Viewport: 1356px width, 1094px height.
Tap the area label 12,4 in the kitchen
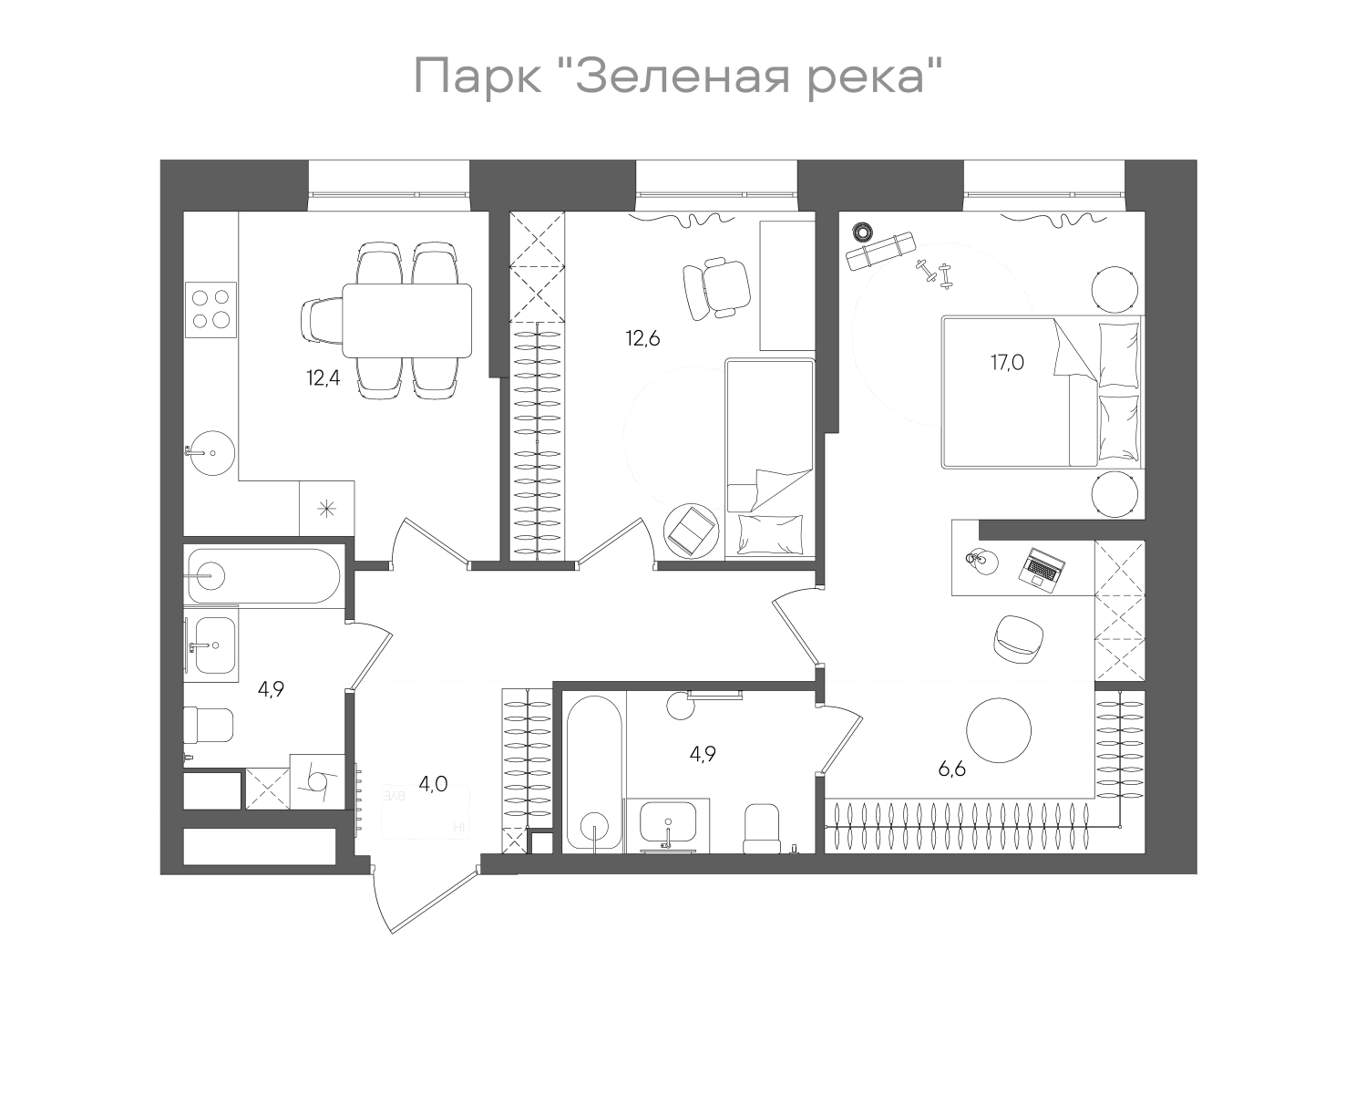323,377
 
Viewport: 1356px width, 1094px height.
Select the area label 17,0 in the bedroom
1008,362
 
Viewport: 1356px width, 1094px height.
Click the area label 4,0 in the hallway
433,783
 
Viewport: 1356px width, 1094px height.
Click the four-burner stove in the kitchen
211,306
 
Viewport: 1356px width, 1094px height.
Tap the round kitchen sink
212,452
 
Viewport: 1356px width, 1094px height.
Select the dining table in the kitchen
407,320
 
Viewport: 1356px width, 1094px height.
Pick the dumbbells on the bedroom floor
933,273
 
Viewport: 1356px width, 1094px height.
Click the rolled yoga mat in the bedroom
879,251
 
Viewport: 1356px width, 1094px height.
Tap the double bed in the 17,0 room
1042,392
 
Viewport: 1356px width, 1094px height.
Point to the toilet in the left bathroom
209,726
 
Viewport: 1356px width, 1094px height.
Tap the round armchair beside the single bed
693,529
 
